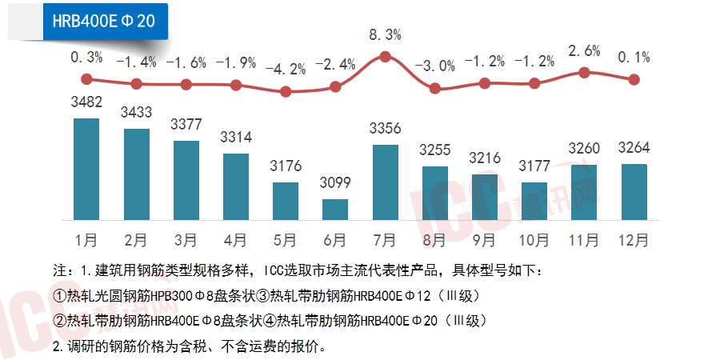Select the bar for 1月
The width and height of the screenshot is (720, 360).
click(x=86, y=169)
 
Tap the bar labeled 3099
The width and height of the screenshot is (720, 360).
click(x=335, y=210)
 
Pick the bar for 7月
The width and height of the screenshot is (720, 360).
click(x=385, y=182)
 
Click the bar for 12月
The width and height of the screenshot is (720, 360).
click(x=634, y=192)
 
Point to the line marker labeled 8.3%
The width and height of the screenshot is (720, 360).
click(x=385, y=57)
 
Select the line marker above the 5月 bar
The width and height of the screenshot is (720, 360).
click(x=286, y=91)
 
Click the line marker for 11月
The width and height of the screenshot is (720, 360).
click(x=584, y=72)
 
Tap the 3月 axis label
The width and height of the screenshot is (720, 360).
click(x=186, y=238)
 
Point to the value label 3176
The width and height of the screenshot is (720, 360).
click(x=286, y=167)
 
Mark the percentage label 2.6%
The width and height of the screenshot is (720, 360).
click(x=584, y=50)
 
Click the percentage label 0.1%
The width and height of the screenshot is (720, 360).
click(x=634, y=57)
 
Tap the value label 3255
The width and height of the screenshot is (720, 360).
click(x=434, y=150)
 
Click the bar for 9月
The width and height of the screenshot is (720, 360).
click(x=484, y=197)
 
